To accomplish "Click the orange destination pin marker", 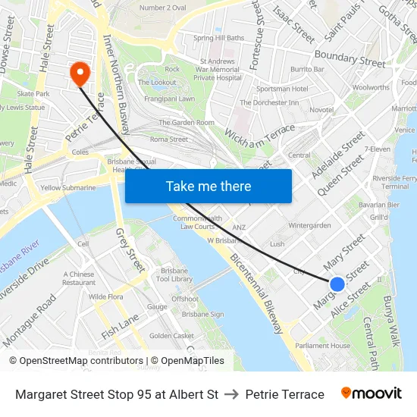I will pyautogui.click(x=79, y=73).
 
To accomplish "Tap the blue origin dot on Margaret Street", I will pyautogui.click(x=337, y=284).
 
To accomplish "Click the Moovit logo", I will pyautogui.click(x=371, y=393).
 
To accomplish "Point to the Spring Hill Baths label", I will pyautogui.click(x=219, y=38).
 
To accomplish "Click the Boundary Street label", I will pyautogui.click(x=350, y=57).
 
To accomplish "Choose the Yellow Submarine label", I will pyautogui.click(x=68, y=188).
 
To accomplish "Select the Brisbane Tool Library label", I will pyautogui.click(x=176, y=274).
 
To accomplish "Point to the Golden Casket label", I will pyautogui.click(x=171, y=336).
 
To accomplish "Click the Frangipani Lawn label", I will pyautogui.click(x=165, y=99).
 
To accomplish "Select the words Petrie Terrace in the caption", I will pyautogui.click(x=284, y=394).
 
